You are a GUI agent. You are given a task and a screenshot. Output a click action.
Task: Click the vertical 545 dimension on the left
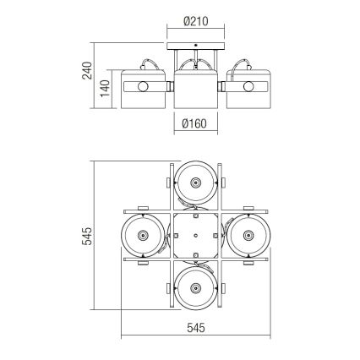(x=87, y=240)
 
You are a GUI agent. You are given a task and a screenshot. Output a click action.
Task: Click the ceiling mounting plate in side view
(x=196, y=47)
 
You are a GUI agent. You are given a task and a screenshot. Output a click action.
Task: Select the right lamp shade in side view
(x=248, y=87)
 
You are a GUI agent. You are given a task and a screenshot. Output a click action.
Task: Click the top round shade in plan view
(x=196, y=183)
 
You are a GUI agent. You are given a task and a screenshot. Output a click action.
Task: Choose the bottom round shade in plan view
(x=196, y=286)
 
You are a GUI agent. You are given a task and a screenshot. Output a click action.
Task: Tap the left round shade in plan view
(x=144, y=235)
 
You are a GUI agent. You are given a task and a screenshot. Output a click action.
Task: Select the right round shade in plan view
(x=248, y=235)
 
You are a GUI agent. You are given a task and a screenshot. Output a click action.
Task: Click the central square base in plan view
(x=196, y=235)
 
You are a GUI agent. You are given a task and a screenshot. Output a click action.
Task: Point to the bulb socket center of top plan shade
(x=196, y=183)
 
